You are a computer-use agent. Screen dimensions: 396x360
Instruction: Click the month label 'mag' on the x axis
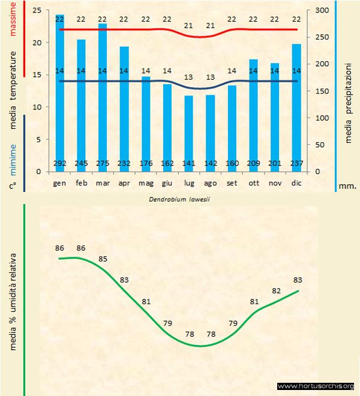146,183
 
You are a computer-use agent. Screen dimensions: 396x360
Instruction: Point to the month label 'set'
232,183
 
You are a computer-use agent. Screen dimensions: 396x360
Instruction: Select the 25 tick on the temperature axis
37,11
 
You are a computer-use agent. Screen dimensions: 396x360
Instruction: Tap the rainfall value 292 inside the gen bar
59,163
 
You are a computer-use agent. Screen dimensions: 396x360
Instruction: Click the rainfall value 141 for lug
189,163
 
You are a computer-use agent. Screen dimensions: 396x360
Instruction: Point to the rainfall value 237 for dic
296,163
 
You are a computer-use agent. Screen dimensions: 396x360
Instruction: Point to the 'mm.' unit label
347,186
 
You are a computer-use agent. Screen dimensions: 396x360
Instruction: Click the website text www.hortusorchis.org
316,386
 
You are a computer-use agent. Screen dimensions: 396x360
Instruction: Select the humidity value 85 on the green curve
103,259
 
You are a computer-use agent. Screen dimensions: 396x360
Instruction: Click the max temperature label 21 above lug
189,26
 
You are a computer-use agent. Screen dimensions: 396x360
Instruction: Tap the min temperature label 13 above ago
210,77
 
